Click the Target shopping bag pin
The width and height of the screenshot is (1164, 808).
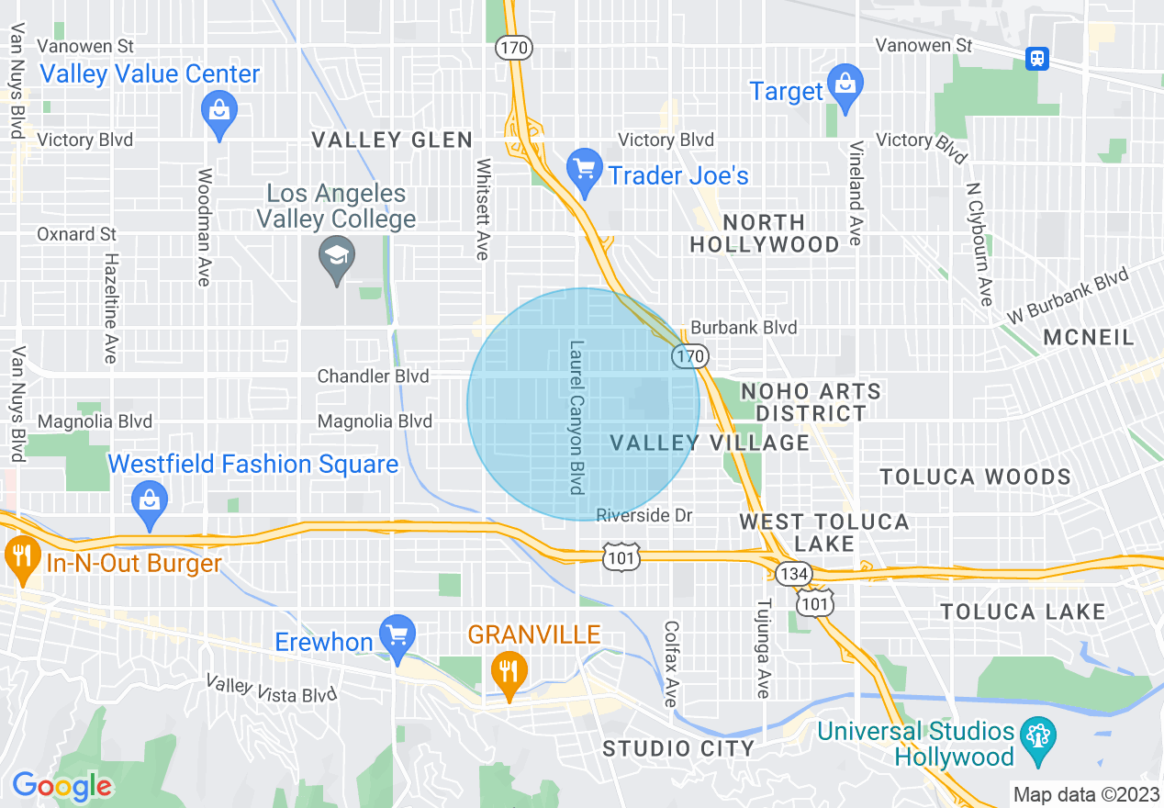tap(844, 85)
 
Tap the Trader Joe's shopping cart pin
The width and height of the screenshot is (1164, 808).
tap(584, 173)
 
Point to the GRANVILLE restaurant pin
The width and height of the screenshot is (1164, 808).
tap(507, 672)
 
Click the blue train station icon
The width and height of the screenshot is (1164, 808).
tap(1037, 58)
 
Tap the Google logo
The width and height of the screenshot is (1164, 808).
tap(62, 786)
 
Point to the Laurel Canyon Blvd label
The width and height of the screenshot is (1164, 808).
tap(576, 418)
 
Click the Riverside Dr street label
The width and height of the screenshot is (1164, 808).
tap(644, 515)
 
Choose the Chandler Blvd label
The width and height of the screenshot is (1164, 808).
tap(373, 376)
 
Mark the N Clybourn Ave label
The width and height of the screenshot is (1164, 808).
tap(979, 242)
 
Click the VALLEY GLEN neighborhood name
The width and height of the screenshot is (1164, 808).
tap(392, 140)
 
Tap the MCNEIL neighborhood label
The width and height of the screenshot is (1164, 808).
tap(1089, 338)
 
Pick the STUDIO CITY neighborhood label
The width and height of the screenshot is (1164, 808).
tap(678, 748)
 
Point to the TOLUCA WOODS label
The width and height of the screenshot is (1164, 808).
tap(975, 477)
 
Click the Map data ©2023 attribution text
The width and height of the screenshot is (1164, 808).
tap(1085, 793)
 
